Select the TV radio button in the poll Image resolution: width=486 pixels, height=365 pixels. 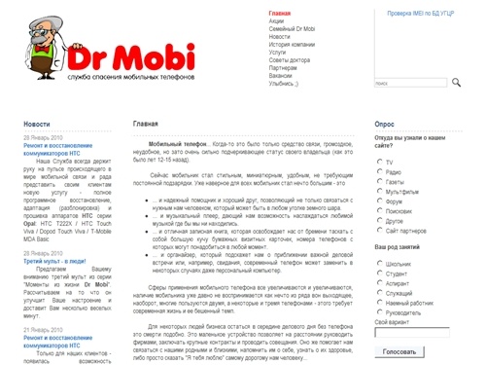[378, 162]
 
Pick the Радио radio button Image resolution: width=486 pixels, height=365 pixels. [378, 171]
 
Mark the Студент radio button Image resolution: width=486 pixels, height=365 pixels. [378, 273]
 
